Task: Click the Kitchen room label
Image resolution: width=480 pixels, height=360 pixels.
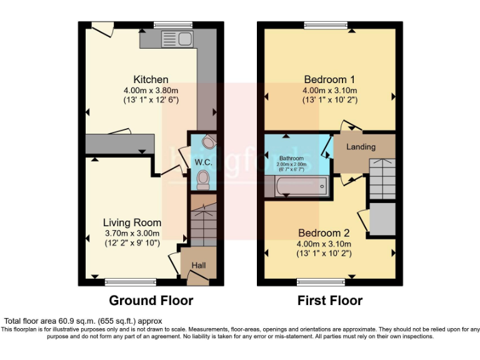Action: pyautogui.click(x=151, y=79)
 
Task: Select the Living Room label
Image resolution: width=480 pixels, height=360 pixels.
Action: pyautogui.click(x=132, y=222)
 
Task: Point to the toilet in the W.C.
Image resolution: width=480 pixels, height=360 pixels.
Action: pyautogui.click(x=202, y=181)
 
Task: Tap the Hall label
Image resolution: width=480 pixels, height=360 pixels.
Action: pyautogui.click(x=199, y=266)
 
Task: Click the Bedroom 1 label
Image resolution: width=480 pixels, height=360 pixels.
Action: pyautogui.click(x=329, y=79)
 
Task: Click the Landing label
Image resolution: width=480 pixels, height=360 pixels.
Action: pyautogui.click(x=361, y=147)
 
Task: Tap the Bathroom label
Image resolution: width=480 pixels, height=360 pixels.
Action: pyautogui.click(x=291, y=158)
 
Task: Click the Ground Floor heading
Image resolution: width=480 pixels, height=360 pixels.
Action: pyautogui.click(x=151, y=301)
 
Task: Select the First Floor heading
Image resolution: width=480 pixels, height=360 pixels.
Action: pyautogui.click(x=330, y=301)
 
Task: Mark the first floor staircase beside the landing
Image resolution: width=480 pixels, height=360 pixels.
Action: pyautogui.click(x=381, y=179)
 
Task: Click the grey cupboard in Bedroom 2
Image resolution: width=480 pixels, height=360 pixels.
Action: pyautogui.click(x=382, y=219)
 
